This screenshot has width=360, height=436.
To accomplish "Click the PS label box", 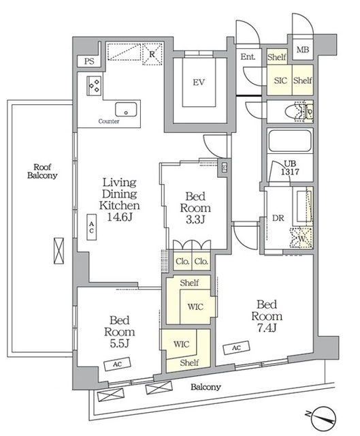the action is click(89, 61).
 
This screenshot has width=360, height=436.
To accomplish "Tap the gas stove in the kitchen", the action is click(94, 86).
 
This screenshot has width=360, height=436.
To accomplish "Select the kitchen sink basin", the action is click(126, 109).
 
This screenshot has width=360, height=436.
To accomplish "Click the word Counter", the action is click(109, 121).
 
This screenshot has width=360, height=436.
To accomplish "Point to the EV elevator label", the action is click(199, 82).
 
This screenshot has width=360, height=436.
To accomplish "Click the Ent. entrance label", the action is click(248, 57).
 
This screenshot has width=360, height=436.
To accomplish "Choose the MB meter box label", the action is click(303, 50).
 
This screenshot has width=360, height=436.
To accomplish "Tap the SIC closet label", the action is click(280, 80).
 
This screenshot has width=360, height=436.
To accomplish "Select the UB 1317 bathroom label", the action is click(290, 168).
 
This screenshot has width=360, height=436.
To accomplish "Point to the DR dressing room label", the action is click(278, 218).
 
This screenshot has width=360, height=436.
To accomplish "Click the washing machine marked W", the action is click(301, 238).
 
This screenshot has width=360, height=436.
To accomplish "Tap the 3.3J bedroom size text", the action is click(195, 219).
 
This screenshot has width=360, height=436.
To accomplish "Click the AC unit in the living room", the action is click(92, 227).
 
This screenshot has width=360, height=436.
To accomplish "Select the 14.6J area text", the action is click(120, 217).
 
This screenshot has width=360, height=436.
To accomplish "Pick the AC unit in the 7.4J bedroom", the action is click(236, 347).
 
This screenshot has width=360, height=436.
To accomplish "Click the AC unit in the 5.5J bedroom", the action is click(117, 364).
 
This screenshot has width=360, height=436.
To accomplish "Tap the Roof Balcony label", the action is click(42, 171).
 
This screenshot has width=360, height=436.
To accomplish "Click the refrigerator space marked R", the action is click(152, 54).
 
